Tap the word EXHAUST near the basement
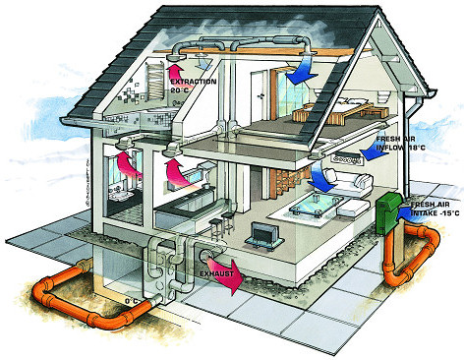pos(218,265)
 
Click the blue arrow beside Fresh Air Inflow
pos(379,149)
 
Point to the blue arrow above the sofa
pos(320,181)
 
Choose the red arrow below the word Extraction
pos(175,70)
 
